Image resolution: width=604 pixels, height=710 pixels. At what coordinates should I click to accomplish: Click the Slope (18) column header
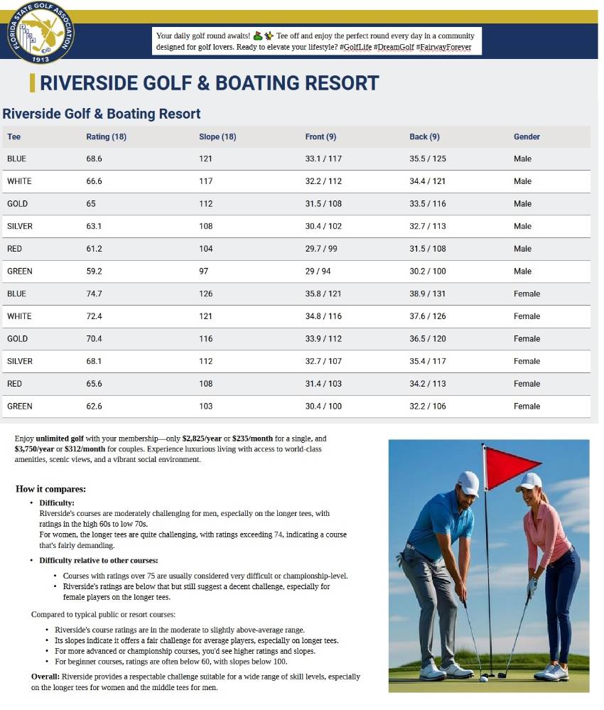pos(217,136)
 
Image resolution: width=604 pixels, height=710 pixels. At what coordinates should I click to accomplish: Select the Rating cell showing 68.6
pos(95,158)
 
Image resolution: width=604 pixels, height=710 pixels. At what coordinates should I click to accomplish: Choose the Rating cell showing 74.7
pos(95,294)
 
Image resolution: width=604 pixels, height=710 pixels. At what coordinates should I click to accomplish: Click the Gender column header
pos(527,136)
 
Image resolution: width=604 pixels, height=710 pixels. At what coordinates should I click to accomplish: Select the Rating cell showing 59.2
pos(95,271)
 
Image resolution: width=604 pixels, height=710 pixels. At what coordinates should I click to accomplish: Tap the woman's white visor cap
pos(529,482)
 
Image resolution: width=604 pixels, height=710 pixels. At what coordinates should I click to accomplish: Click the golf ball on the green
pos(484,679)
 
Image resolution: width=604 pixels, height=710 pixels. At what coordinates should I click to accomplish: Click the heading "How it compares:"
pos(50,489)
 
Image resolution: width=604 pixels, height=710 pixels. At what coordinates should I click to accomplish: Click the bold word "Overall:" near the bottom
pos(49,676)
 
